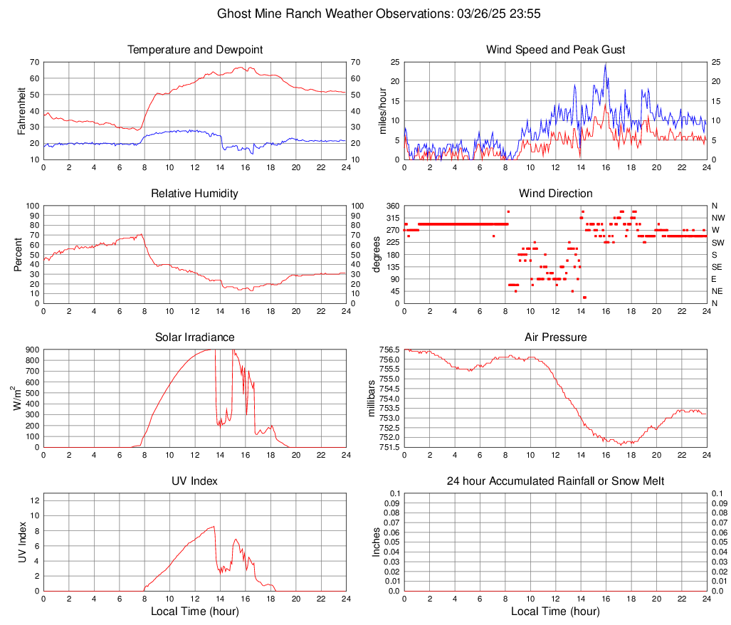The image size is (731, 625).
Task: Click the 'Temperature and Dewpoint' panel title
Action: (195, 50)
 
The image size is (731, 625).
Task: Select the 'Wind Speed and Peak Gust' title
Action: (555, 50)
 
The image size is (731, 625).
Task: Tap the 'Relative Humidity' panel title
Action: (195, 194)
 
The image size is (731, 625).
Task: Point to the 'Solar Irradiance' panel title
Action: (195, 337)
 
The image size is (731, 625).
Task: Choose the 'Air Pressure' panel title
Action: (555, 337)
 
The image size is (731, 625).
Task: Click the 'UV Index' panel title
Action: (195, 481)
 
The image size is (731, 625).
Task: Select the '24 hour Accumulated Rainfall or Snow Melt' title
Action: (555, 481)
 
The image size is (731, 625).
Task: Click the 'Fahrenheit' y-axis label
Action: (21, 110)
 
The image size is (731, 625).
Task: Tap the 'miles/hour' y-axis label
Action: (382, 110)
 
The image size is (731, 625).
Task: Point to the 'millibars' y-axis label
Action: (372, 399)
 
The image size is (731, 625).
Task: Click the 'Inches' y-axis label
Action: (377, 542)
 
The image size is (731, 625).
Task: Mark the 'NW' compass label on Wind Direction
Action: (718, 218)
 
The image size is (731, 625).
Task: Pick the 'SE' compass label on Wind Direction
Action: (717, 267)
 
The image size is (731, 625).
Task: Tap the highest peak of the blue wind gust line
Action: (606, 64)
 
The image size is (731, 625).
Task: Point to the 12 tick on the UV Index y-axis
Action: (35, 500)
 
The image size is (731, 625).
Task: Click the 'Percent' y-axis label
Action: (18, 254)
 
